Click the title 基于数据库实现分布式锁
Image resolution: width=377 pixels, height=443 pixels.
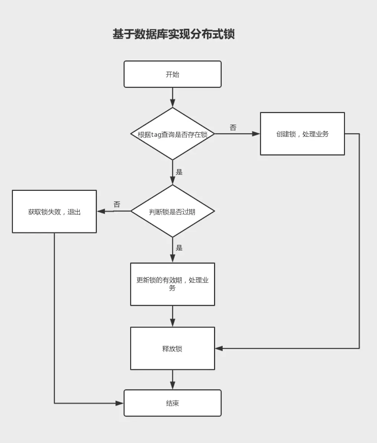pos(174,34)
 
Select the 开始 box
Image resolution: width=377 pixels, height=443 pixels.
pos(173,74)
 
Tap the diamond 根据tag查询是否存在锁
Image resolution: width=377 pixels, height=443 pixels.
pos(173,134)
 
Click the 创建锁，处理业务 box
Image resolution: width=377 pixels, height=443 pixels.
pos(302,134)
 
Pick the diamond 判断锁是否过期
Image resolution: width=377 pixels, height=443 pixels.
pos(173,211)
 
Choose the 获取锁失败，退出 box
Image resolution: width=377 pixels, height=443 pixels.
pos(54,211)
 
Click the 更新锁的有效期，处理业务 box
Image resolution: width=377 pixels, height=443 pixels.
pos(173,284)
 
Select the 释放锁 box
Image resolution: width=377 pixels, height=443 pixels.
pos(173,348)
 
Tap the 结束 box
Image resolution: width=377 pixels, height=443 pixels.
pos(173,403)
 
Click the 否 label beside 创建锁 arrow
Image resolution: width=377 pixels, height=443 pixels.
pos(233,127)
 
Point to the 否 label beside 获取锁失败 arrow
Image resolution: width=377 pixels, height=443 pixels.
pos(117,204)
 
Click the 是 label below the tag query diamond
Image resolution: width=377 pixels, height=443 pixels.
pos(179,172)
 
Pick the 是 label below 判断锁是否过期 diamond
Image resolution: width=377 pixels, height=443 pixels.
pos(179,248)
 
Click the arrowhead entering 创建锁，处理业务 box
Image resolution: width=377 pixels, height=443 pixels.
pos(256,134)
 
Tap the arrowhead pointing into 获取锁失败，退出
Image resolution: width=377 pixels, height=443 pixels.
pos(101,211)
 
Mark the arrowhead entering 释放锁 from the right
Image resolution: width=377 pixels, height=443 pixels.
pos(219,348)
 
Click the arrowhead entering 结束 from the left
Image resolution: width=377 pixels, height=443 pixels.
pos(120,403)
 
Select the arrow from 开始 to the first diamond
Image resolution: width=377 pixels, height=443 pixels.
pos(173,97)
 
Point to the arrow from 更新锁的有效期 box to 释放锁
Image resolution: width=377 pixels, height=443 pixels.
pos(173,316)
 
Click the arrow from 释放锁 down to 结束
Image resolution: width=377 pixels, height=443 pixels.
pos(173,380)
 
